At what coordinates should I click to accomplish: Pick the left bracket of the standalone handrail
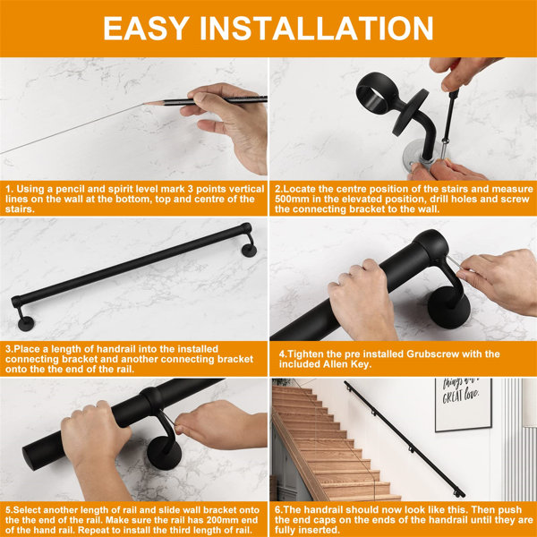[20, 308]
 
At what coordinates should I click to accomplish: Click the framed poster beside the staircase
[462, 404]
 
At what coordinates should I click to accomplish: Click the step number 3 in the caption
[8, 348]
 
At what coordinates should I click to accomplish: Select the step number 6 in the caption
[278, 507]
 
